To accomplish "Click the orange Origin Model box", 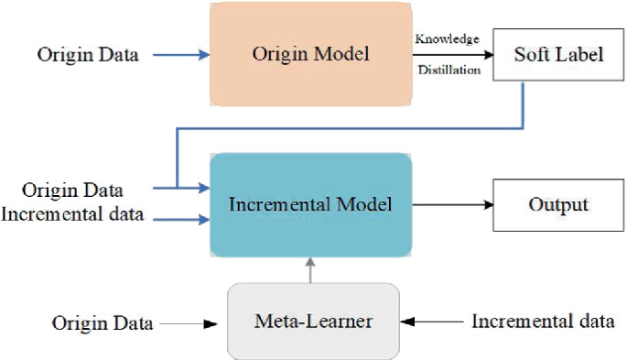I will point(310,54).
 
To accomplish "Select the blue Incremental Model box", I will point(310,204).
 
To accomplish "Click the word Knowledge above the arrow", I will point(447,38).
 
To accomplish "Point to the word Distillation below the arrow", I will point(449,70).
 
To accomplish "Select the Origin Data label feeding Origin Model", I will point(88,55).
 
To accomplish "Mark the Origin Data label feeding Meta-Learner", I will point(102,322).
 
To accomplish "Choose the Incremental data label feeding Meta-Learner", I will point(543,322).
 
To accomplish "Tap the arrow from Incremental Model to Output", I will point(452,204).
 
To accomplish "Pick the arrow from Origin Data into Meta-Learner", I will point(192,322).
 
